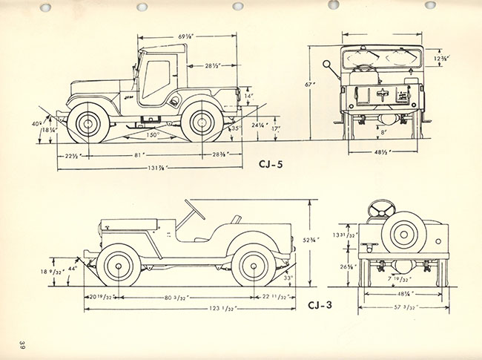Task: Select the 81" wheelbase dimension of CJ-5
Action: point(139,154)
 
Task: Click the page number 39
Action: point(23,345)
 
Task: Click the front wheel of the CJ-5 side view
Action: point(88,122)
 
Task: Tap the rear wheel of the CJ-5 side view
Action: point(202,122)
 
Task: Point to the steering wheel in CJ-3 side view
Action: point(194,210)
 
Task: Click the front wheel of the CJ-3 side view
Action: point(118,266)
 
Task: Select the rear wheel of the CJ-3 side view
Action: point(253,266)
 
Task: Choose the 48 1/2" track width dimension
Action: point(383,151)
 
